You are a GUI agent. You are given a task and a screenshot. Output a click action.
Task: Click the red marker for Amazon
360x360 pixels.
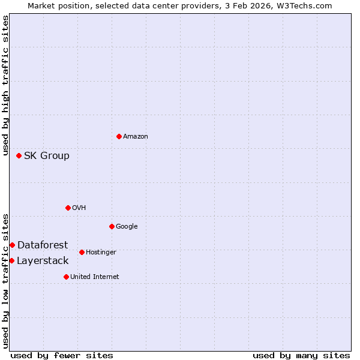[119, 136]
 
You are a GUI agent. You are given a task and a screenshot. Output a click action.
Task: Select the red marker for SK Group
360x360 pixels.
[19, 155]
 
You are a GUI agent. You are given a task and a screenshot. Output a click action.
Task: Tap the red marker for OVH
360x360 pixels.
[68, 208]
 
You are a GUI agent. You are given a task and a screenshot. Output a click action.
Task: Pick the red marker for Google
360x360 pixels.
[112, 226]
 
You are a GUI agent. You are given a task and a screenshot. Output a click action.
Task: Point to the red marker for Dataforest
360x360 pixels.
[12, 245]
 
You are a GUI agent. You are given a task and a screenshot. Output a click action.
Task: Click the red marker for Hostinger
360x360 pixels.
[82, 252]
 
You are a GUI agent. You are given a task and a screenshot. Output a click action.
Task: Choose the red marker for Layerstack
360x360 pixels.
[11, 260]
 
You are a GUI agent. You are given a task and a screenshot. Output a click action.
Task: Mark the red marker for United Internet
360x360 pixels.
[66, 277]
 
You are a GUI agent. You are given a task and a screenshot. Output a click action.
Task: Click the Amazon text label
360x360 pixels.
[136, 137]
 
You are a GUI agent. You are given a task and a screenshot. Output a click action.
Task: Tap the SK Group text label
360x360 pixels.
[47, 156]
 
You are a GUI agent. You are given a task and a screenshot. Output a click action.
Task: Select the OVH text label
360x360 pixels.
[79, 208]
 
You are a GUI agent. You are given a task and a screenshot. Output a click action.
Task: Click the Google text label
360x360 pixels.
[127, 227]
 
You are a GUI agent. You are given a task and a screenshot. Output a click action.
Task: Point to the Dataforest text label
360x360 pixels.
[43, 245]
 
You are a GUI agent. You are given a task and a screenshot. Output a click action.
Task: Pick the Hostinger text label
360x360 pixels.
[101, 253]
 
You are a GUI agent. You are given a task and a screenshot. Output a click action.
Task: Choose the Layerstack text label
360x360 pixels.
[43, 260]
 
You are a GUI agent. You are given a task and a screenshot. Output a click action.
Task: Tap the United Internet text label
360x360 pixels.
[95, 277]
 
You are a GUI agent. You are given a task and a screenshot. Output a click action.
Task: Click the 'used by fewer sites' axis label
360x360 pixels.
[62, 355]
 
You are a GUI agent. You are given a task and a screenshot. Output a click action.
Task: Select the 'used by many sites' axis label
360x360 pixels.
[301, 355]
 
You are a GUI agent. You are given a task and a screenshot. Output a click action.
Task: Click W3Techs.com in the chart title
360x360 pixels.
[307, 5]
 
